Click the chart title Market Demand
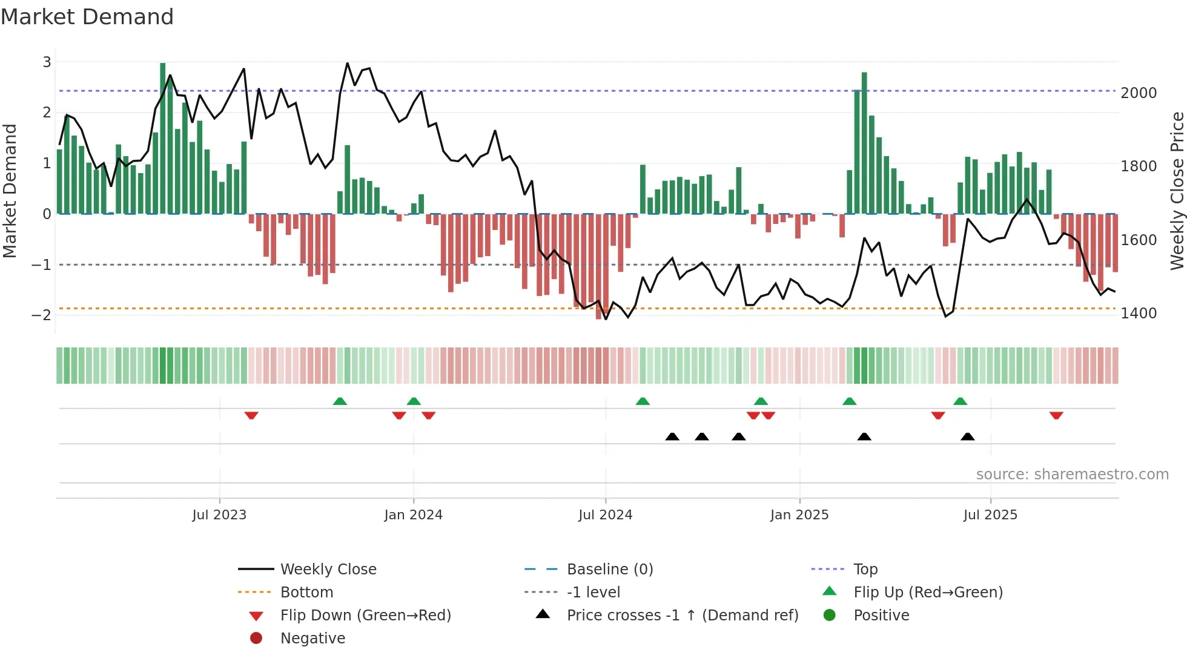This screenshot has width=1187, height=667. [x=87, y=17]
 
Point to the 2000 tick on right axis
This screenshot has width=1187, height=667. [x=1139, y=93]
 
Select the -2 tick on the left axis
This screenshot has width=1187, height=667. [x=41, y=315]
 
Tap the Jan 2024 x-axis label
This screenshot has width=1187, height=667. [x=413, y=515]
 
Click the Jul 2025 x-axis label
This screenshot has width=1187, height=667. [x=990, y=515]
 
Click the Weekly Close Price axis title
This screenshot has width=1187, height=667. [x=1177, y=191]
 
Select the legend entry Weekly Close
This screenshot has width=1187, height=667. [x=328, y=570]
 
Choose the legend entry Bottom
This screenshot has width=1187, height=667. [x=306, y=593]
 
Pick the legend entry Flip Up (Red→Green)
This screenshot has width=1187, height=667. [x=928, y=593]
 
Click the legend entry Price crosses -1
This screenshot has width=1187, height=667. [x=682, y=616]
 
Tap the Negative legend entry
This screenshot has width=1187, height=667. [x=312, y=639]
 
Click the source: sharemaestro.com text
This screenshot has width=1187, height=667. [x=1072, y=475]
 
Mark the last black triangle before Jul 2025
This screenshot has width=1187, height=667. [x=967, y=437]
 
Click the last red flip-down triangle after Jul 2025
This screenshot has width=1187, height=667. [x=1056, y=415]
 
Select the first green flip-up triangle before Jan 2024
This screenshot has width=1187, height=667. [x=340, y=401]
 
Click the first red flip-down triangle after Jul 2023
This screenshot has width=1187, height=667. [x=251, y=415]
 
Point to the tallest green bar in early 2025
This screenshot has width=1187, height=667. [x=864, y=143]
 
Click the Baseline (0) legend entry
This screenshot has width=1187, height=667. [x=609, y=570]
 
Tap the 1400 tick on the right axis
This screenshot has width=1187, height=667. [x=1139, y=314]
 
